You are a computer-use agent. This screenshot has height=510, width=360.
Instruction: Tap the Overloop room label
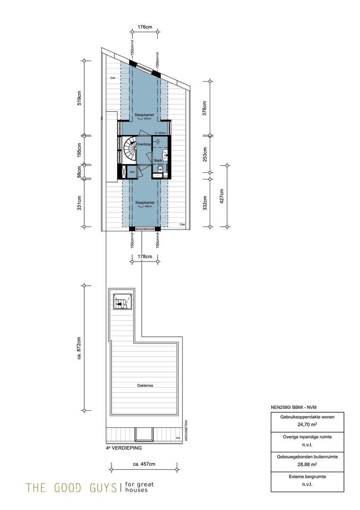143,144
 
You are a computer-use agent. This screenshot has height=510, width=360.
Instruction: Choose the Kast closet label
132,172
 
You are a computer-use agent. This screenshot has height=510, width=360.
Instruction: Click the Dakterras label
145,385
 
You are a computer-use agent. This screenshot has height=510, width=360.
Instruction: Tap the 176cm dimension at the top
144,27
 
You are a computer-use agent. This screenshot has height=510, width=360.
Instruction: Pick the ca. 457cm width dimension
144,464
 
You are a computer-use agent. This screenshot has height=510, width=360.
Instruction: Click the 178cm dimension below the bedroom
144,256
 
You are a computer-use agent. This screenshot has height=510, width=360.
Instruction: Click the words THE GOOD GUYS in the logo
71,487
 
